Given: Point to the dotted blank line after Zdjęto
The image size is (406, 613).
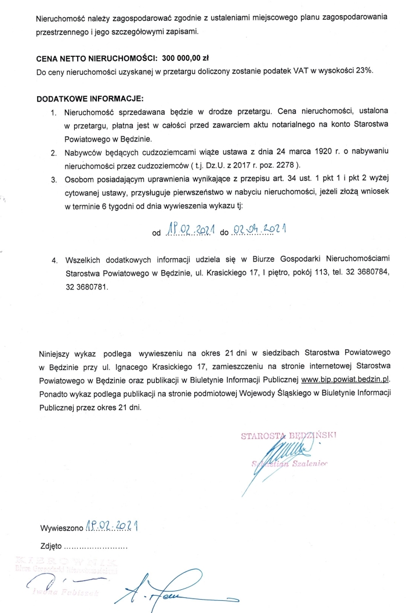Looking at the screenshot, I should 95,547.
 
